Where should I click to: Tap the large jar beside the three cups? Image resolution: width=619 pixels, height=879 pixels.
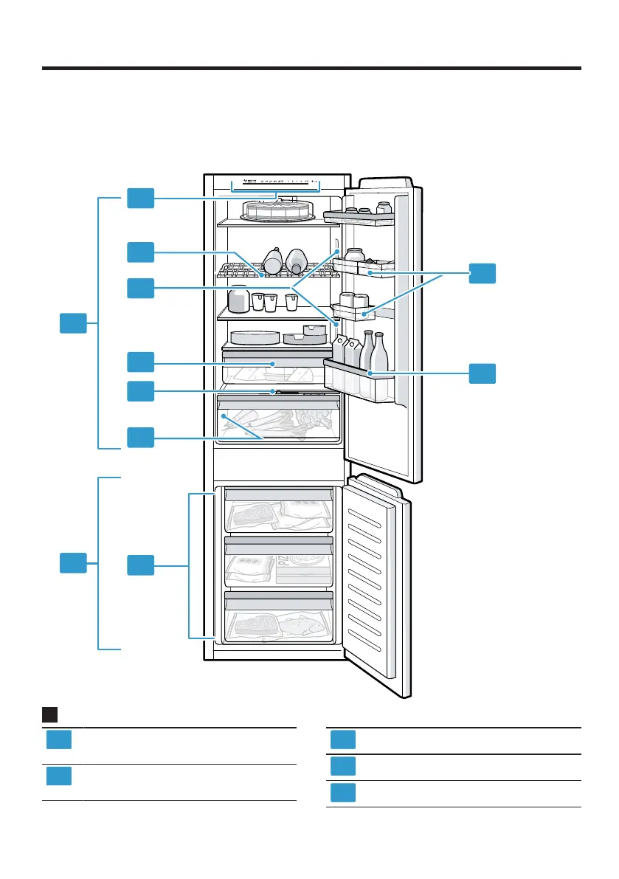(x=238, y=300)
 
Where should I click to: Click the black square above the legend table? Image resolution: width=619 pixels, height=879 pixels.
(x=49, y=714)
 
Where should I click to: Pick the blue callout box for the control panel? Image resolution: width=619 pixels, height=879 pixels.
(x=140, y=198)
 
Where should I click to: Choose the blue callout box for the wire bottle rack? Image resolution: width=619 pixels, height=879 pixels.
(x=140, y=252)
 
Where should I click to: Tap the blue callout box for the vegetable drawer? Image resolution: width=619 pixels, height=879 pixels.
(x=140, y=437)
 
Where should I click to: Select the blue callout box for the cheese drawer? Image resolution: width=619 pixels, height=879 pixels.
(x=140, y=362)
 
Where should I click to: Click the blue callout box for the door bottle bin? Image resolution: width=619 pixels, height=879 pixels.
(x=483, y=373)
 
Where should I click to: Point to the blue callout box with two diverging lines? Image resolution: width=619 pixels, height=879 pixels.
(x=140, y=288)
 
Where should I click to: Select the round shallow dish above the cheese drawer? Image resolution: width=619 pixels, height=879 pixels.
(x=255, y=337)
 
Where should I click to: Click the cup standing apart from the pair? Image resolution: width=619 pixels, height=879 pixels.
(x=291, y=302)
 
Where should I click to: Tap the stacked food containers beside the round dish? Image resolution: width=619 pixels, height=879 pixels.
(x=306, y=334)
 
